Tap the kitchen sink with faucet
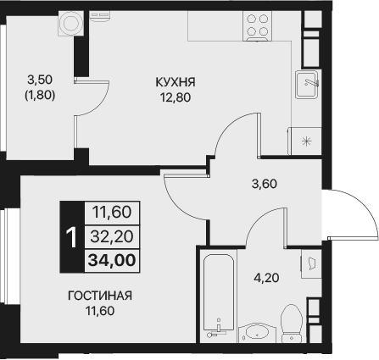click(x=307, y=86)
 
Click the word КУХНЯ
click(x=176, y=82)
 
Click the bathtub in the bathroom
click(x=219, y=292)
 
